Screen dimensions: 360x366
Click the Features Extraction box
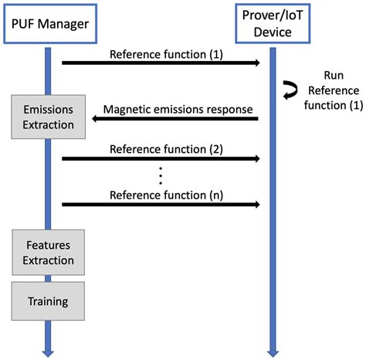(48, 252)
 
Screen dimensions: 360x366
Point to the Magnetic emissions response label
(178, 110)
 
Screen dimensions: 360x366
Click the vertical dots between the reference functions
(161, 175)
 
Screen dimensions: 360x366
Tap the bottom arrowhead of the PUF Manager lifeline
(48, 349)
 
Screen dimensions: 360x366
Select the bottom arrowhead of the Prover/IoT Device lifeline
(272, 349)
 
